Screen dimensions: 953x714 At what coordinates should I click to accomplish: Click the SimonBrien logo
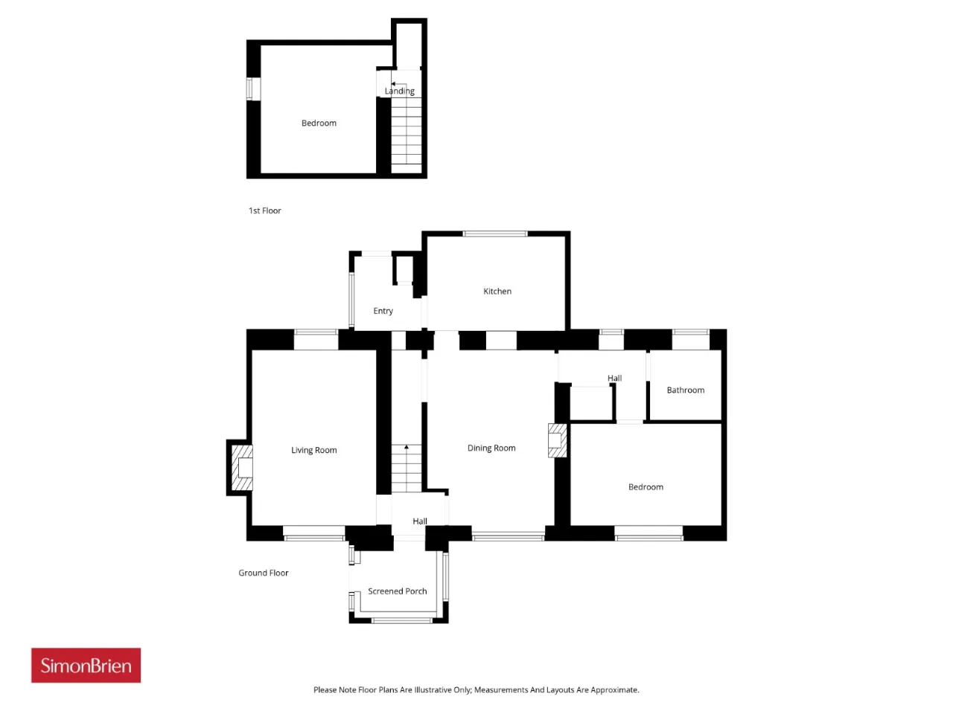[86, 665]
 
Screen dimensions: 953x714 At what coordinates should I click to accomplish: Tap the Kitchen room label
[497, 292]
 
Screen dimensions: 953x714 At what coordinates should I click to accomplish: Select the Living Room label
[313, 450]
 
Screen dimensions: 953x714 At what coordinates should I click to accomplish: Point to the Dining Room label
[491, 448]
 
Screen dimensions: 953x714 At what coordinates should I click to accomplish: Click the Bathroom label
[685, 390]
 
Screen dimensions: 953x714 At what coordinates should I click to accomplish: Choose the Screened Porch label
[398, 591]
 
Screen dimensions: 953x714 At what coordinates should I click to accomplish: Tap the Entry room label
[383, 311]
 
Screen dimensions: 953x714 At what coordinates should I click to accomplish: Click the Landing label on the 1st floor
[399, 91]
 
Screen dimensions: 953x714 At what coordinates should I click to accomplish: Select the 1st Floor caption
[264, 210]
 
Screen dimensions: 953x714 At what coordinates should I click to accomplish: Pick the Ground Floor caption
[263, 573]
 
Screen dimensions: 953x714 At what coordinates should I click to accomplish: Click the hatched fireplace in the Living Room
[242, 468]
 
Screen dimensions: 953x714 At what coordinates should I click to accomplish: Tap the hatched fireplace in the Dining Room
[557, 440]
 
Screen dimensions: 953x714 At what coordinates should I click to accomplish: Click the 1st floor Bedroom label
[319, 123]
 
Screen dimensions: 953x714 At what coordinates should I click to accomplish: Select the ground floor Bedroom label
[646, 487]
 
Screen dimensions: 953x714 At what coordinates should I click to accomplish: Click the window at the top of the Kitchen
[495, 234]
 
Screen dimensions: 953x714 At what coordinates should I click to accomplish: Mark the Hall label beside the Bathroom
[614, 378]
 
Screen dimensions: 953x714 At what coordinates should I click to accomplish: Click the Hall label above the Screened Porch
[419, 521]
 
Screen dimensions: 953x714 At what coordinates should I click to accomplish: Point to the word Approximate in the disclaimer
[615, 689]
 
